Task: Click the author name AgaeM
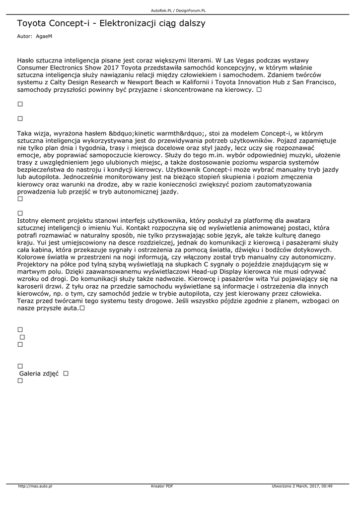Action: click(44, 37)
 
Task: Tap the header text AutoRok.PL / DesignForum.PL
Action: click(178, 10)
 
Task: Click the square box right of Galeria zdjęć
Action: click(66, 373)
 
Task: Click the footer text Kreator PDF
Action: click(162, 486)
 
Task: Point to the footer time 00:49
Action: click(327, 486)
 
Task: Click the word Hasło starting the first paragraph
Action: click(26, 60)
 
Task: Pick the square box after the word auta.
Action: click(82, 308)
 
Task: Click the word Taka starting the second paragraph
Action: click(25, 133)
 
